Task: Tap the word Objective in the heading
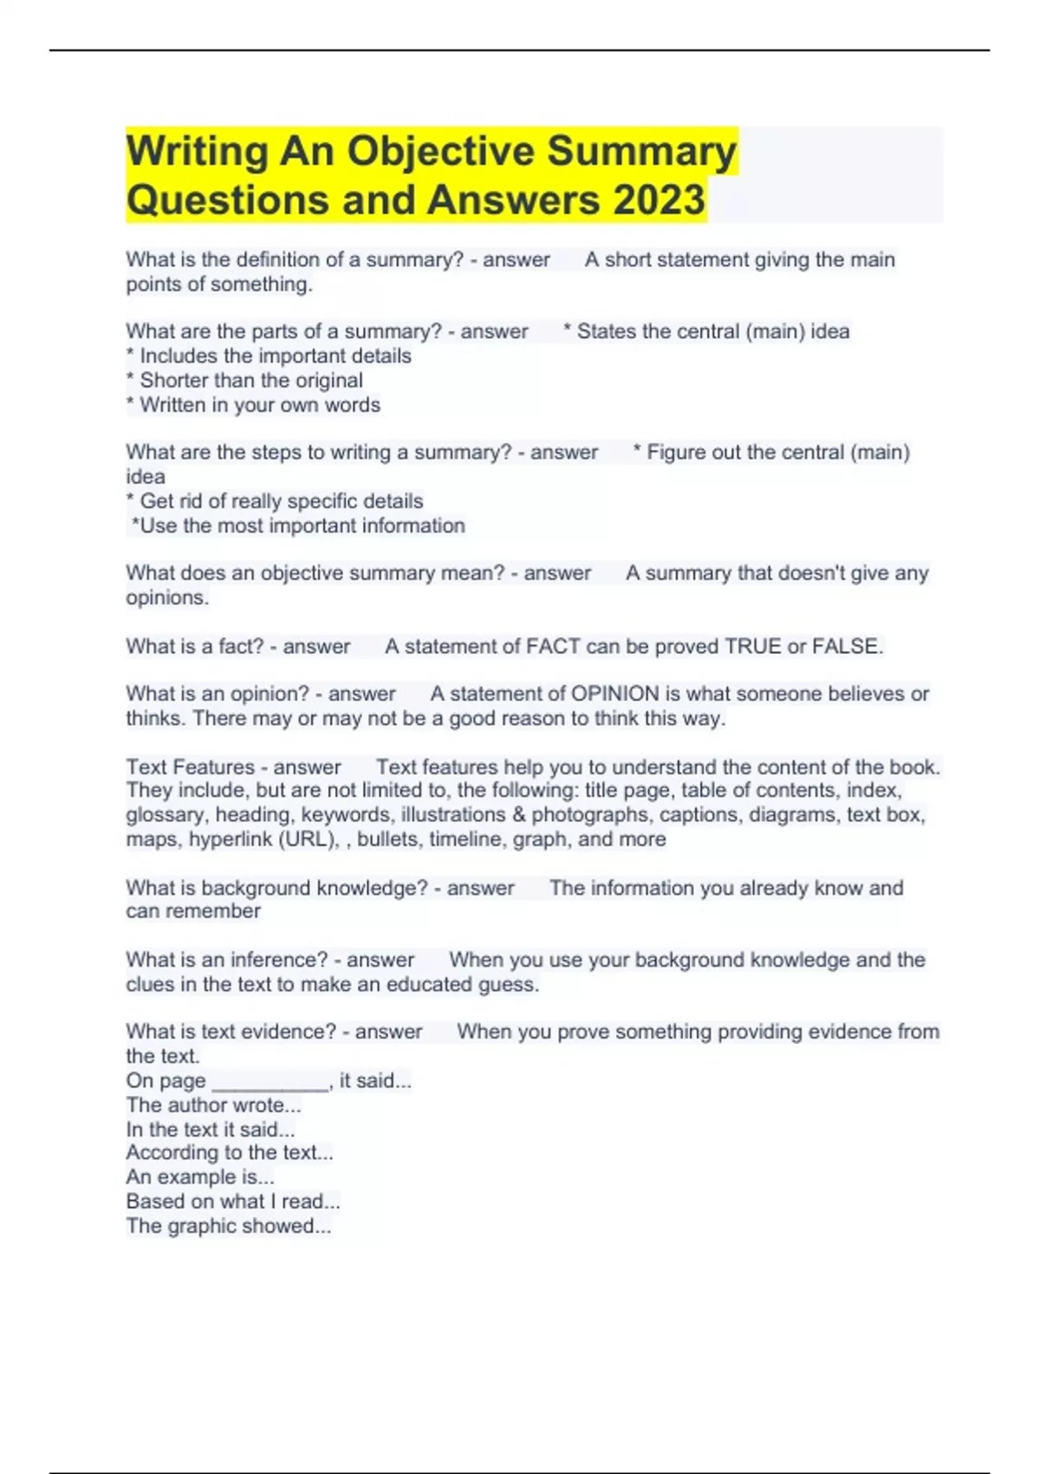click(x=440, y=151)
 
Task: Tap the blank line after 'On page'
click(x=270, y=1081)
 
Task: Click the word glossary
click(x=166, y=815)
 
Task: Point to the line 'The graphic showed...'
click(x=228, y=1226)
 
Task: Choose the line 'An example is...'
click(x=199, y=1177)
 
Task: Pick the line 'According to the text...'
click(x=229, y=1152)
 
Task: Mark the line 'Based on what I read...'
click(x=232, y=1202)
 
